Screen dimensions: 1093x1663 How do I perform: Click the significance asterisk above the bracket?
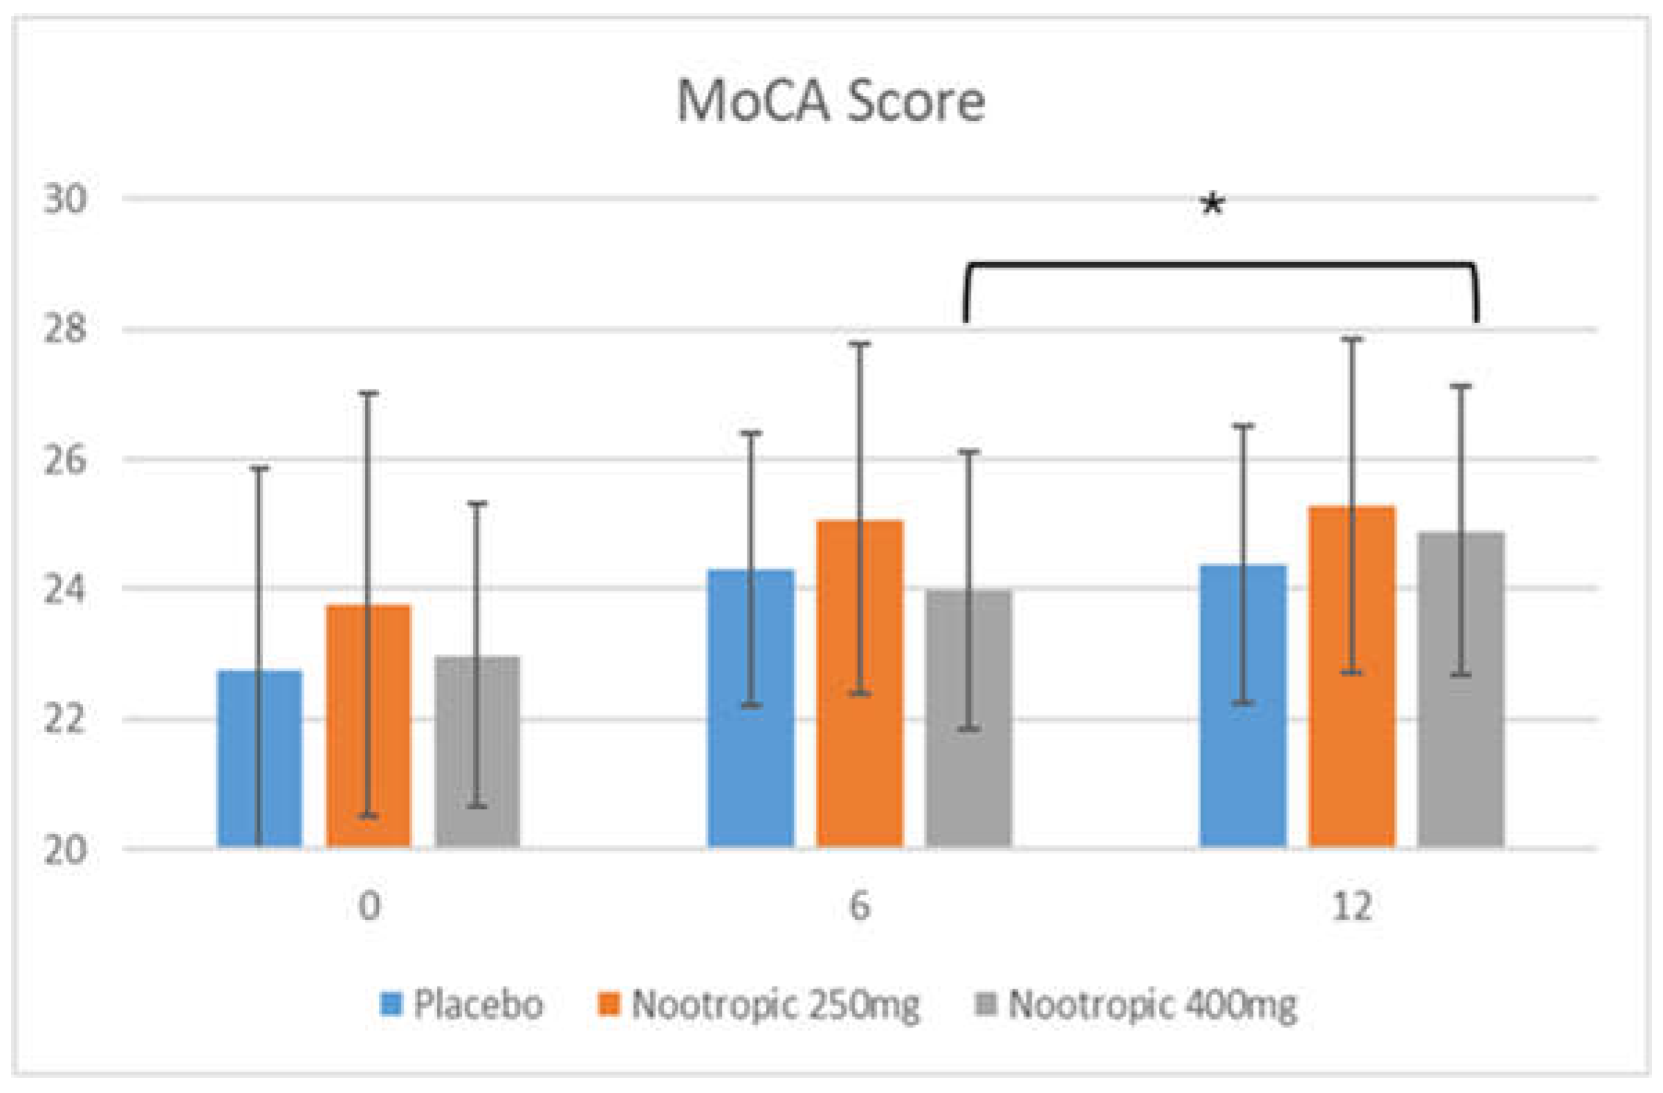1212,205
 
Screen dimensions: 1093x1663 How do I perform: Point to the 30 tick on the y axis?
66,199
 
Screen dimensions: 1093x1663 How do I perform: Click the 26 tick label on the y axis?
66,460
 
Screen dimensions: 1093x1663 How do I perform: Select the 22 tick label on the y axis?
66,720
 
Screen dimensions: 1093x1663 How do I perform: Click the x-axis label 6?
860,907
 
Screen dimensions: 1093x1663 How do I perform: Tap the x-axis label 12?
1352,907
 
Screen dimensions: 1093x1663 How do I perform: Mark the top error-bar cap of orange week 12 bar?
1352,339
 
